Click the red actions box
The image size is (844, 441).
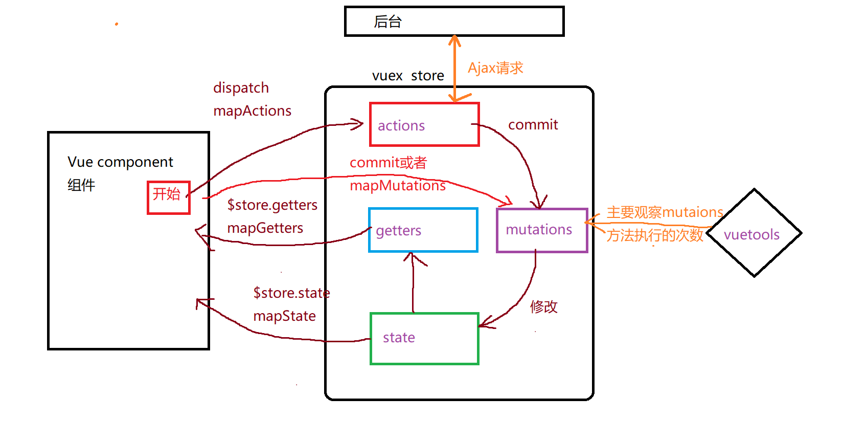(x=424, y=124)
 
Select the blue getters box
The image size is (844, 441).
(x=423, y=230)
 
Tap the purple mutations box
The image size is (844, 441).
(x=542, y=230)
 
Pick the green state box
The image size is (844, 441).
(x=424, y=338)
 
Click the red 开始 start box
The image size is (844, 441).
(x=168, y=197)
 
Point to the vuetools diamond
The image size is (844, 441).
(x=754, y=233)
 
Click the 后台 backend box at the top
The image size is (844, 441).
(x=454, y=21)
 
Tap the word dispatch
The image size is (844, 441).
(x=241, y=88)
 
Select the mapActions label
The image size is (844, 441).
(x=252, y=111)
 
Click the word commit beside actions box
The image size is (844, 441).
(x=533, y=125)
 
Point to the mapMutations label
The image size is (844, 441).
(x=397, y=186)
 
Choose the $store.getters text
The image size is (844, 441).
(x=272, y=205)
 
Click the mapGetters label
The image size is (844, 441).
(x=265, y=228)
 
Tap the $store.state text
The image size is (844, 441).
(x=291, y=293)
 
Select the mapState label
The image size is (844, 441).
(x=284, y=316)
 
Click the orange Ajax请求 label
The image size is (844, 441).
(x=495, y=68)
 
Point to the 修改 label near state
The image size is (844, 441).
(x=543, y=307)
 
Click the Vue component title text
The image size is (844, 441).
(x=120, y=162)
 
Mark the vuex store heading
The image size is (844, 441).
(x=407, y=76)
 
